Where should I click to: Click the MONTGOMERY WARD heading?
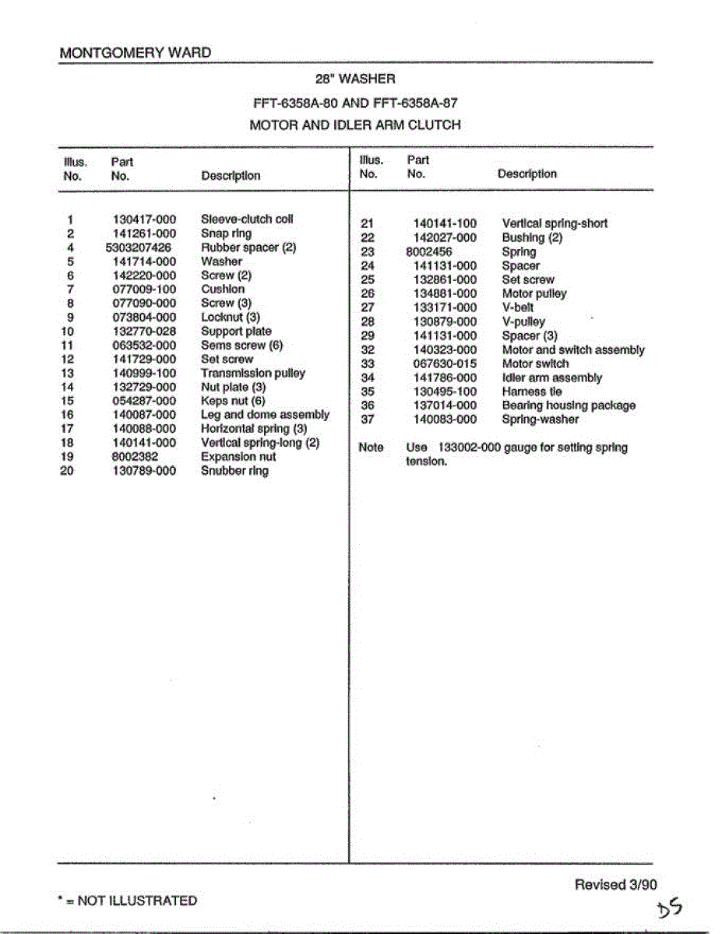[135, 53]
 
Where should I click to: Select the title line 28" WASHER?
[355, 79]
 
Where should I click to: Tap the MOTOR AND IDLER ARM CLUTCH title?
[355, 125]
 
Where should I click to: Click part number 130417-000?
[145, 219]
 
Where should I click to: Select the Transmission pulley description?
[253, 373]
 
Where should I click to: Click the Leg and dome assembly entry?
[265, 415]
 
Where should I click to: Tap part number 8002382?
[136, 457]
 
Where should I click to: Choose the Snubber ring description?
[234, 471]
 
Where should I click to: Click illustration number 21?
[368, 224]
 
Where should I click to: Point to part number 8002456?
[429, 252]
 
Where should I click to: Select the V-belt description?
[519, 307]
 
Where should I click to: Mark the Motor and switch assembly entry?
[573, 350]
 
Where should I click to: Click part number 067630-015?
[445, 363]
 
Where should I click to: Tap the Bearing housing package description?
[569, 406]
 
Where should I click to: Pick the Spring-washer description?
[541, 420]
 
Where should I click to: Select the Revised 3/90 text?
[615, 884]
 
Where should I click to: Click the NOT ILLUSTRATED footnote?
[128, 901]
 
